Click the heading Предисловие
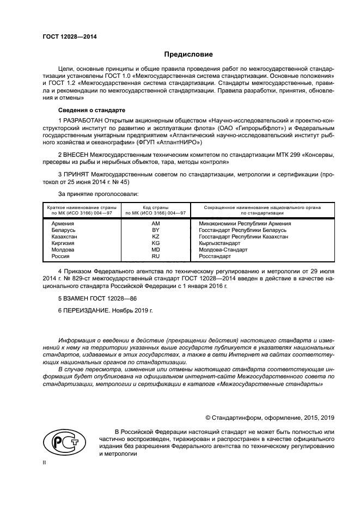(188, 54)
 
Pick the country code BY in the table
(155, 230)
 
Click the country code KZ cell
(155, 237)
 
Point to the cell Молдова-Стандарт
(223, 250)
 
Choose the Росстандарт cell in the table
(215, 256)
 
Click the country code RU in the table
(155, 256)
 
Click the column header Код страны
(155, 207)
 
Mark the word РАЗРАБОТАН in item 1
(82, 119)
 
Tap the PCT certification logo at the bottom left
(63, 441)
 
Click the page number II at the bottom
(45, 462)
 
